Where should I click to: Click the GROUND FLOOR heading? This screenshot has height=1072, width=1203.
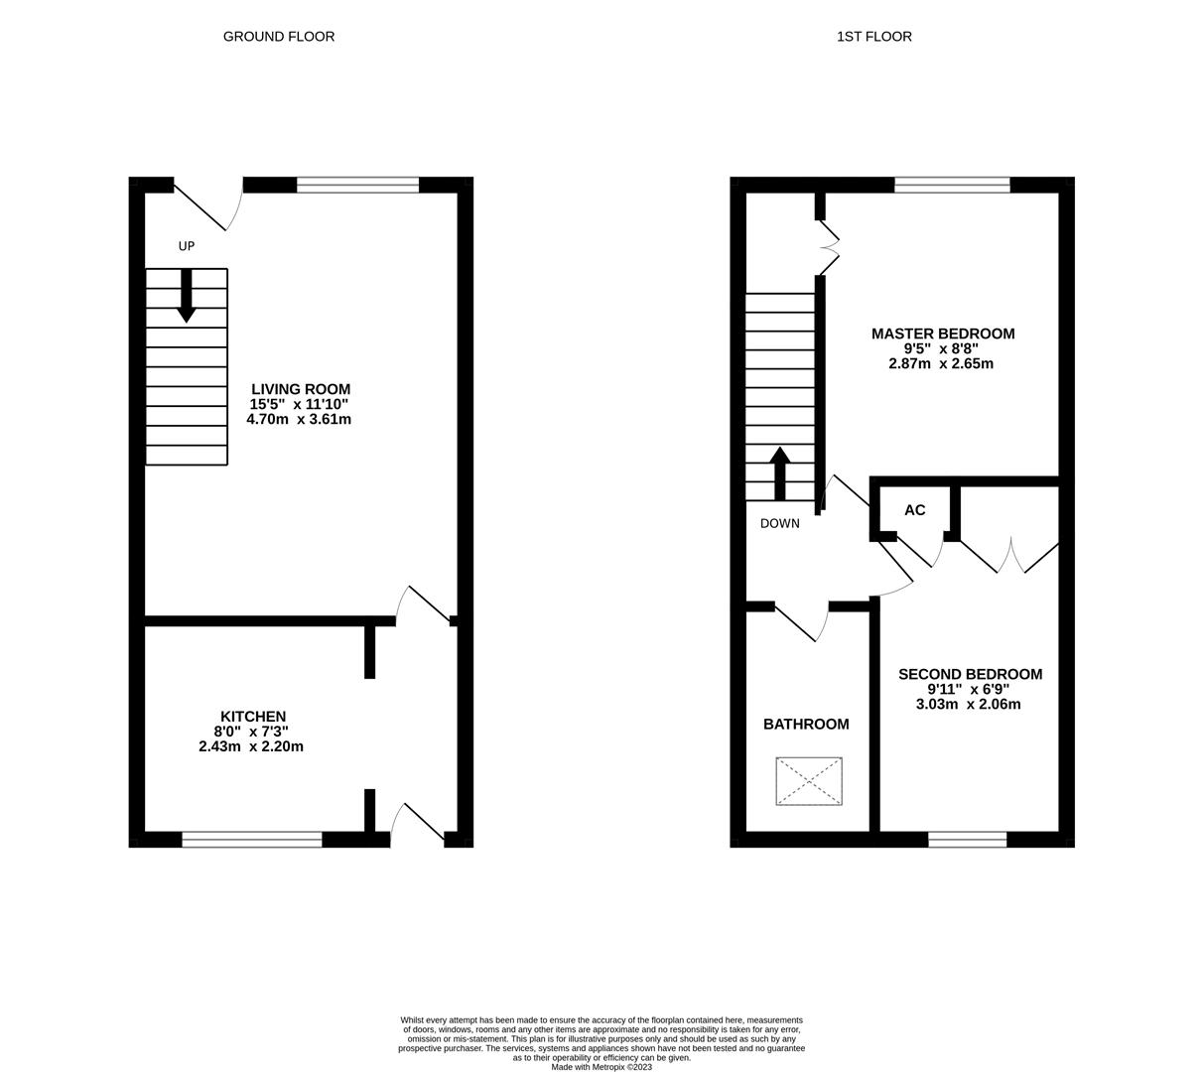click(279, 36)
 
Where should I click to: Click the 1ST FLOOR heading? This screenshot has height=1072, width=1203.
click(874, 36)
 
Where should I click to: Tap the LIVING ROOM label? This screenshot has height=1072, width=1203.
click(301, 389)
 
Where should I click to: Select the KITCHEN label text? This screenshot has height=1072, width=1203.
click(253, 717)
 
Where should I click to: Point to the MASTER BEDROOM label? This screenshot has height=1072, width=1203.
click(943, 334)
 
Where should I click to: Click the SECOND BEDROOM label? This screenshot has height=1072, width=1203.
click(970, 674)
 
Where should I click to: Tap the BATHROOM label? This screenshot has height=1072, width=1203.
click(806, 724)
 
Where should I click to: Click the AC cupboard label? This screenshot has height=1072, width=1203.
click(914, 509)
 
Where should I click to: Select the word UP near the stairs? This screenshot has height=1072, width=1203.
click(187, 246)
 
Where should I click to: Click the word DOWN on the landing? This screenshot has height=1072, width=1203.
click(779, 523)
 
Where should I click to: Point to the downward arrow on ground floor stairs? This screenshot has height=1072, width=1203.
click(187, 296)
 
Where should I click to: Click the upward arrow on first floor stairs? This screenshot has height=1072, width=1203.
click(779, 473)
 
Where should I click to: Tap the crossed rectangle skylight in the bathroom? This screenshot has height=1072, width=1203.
click(809, 781)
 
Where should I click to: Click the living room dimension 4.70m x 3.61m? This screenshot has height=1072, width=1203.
click(299, 419)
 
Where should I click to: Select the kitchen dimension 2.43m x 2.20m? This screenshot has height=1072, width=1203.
click(251, 746)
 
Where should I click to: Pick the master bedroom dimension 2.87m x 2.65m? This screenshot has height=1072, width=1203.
click(941, 363)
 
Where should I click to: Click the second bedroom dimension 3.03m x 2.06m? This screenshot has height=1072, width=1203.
click(969, 705)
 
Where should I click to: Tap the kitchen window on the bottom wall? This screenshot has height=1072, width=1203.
click(252, 839)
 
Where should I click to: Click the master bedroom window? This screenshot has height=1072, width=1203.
click(953, 185)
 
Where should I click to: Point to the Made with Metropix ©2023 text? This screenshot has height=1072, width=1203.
click(601, 1067)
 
